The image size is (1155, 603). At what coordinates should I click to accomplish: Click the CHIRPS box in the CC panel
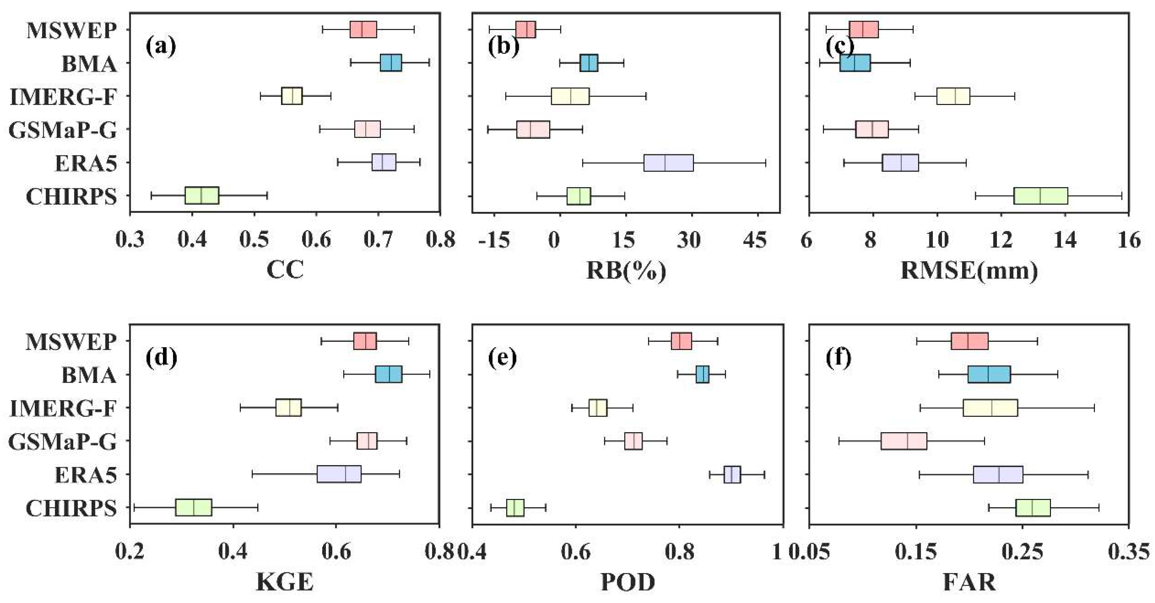202,195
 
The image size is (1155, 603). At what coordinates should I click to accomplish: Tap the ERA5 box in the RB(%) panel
669,162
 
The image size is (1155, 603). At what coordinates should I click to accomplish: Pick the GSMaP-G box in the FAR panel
904,441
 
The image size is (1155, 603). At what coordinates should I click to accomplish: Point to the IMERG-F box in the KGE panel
288,407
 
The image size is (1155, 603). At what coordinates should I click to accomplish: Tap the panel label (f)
838,357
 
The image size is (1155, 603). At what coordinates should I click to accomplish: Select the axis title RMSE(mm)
969,270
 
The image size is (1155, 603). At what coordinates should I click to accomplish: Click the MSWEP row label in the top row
72,31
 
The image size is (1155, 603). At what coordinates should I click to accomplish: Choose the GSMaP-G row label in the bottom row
62,442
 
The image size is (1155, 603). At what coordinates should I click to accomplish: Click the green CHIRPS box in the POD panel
515,508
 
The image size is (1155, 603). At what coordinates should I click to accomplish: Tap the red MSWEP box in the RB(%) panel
525,30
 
